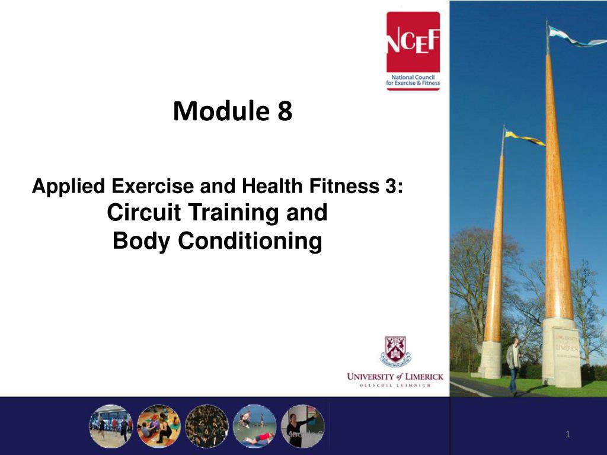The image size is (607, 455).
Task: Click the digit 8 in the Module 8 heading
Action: pyautogui.click(x=285, y=111)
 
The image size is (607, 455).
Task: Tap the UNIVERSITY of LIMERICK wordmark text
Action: pyautogui.click(x=395, y=376)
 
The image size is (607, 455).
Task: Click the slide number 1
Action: pyautogui.click(x=567, y=435)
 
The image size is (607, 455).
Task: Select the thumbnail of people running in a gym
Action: pyautogui.click(x=111, y=425)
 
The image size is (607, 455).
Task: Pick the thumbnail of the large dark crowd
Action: pyautogui.click(x=207, y=425)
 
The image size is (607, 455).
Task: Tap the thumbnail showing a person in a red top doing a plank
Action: pyautogui.click(x=254, y=425)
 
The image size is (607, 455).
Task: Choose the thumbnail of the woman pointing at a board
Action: pyautogui.click(x=302, y=425)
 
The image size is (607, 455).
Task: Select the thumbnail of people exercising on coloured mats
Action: pyautogui.click(x=159, y=425)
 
